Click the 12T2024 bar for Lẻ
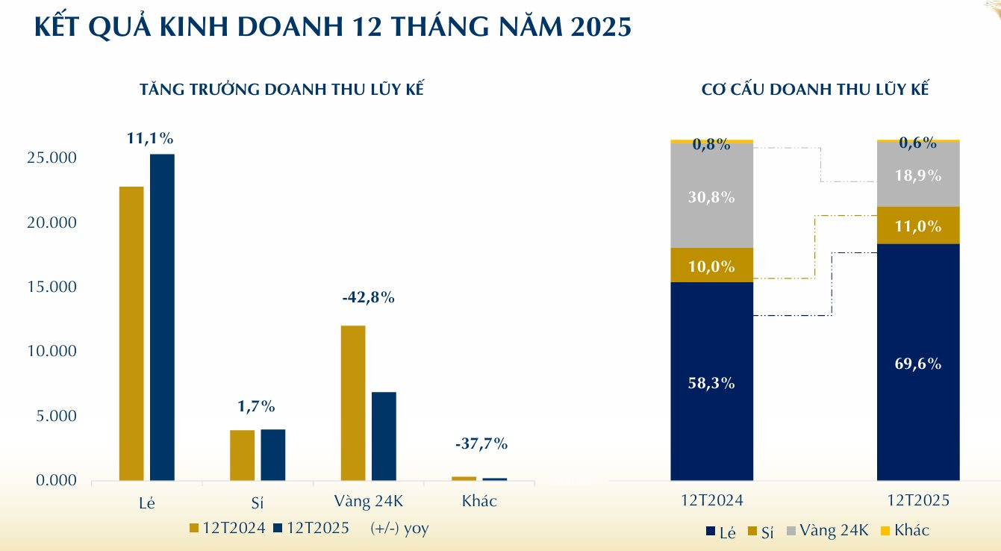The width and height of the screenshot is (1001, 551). click(131, 333)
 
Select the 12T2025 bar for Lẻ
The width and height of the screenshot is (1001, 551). click(162, 317)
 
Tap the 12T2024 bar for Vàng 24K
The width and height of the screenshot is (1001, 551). click(353, 402)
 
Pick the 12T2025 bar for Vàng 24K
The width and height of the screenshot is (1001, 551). click(384, 436)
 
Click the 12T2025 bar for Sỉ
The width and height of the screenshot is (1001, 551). click(272, 455)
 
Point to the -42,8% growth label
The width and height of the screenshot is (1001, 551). click(368, 297)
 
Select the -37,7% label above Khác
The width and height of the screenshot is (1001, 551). click(481, 443)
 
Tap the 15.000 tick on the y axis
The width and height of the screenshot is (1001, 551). click(50, 287)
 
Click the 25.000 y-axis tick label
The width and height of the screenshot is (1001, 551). click(50, 158)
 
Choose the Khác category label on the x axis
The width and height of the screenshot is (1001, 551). click(479, 501)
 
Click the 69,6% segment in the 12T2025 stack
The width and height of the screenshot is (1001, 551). click(918, 364)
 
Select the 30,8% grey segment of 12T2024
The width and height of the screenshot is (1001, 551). click(711, 197)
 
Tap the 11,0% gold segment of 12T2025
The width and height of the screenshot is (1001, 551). click(918, 225)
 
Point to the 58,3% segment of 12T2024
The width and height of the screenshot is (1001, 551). click(711, 383)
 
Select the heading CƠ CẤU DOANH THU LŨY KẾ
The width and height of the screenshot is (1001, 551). click(814, 89)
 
